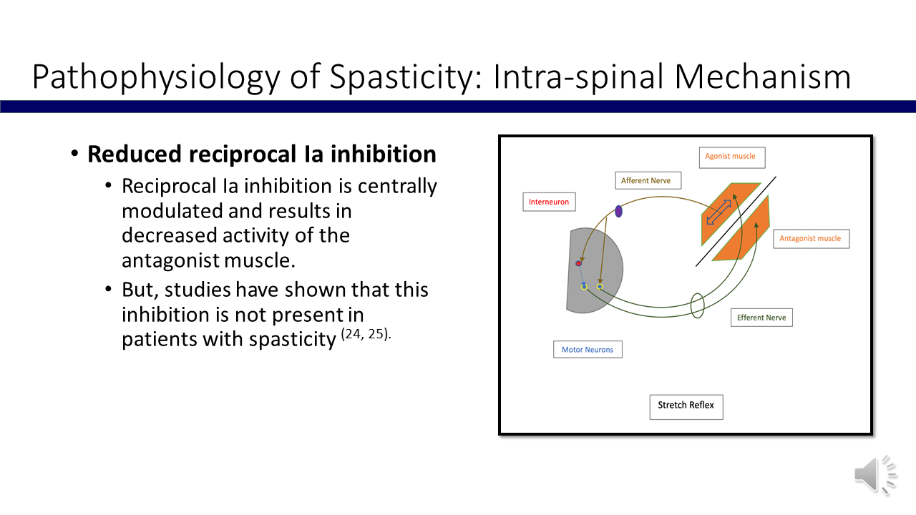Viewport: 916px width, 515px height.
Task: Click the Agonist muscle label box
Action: (730, 157)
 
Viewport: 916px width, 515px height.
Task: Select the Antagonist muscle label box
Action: (810, 238)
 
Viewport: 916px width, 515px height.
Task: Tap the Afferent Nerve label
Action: (648, 180)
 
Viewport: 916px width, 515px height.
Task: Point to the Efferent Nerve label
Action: (761, 317)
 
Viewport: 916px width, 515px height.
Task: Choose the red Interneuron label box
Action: (549, 202)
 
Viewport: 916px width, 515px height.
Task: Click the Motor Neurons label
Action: (588, 350)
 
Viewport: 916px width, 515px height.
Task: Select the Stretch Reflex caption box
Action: (686, 406)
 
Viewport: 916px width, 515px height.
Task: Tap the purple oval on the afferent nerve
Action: (618, 211)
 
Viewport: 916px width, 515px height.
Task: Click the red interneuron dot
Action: (578, 264)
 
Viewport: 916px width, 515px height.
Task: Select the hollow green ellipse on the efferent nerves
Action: (698, 305)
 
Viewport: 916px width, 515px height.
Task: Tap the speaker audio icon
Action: (874, 474)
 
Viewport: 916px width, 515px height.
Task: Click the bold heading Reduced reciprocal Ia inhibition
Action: (262, 154)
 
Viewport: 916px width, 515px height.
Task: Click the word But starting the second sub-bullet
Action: (139, 290)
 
